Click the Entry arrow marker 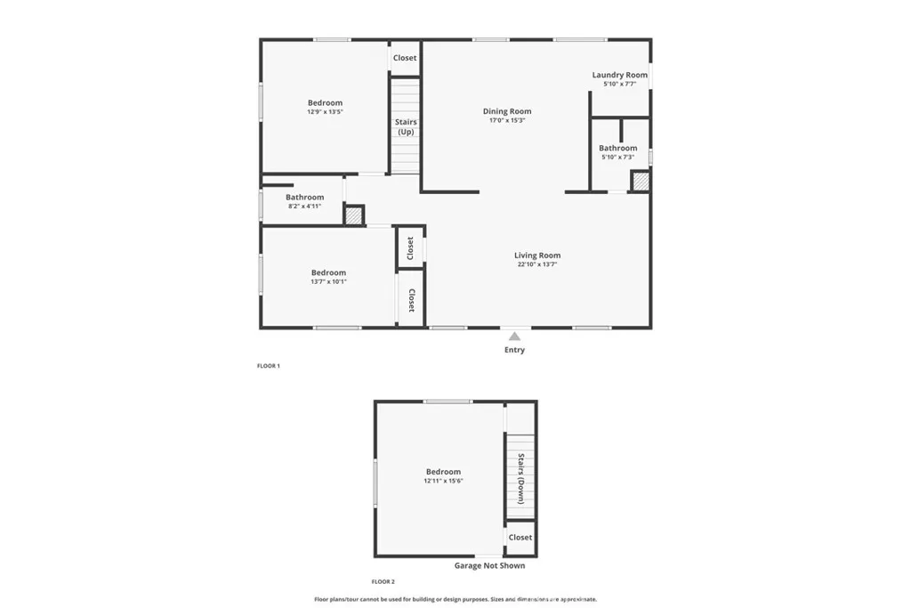(514, 336)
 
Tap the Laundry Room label (620, 75)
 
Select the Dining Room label (507, 111)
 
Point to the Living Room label (537, 255)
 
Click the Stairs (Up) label (406, 126)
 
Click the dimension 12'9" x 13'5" (325, 112)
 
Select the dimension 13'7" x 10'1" (328, 282)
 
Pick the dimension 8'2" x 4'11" (304, 207)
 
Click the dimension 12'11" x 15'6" (443, 481)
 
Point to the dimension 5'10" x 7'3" (617, 158)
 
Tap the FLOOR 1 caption (268, 366)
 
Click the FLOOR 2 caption (383, 581)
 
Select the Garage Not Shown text (489, 565)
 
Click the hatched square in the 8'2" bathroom (354, 215)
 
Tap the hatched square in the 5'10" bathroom (641, 182)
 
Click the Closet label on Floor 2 (520, 537)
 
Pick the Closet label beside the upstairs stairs (405, 58)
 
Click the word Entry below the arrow (514, 350)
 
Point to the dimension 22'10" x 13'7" (537, 264)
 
